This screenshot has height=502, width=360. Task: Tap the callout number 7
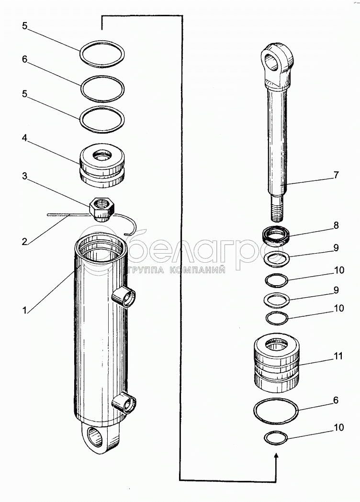point(336,175)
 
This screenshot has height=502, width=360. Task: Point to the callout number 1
point(24,310)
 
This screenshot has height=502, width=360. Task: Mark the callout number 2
point(24,242)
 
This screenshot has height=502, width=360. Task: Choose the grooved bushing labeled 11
point(277,360)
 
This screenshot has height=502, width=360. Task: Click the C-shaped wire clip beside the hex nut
point(130,224)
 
